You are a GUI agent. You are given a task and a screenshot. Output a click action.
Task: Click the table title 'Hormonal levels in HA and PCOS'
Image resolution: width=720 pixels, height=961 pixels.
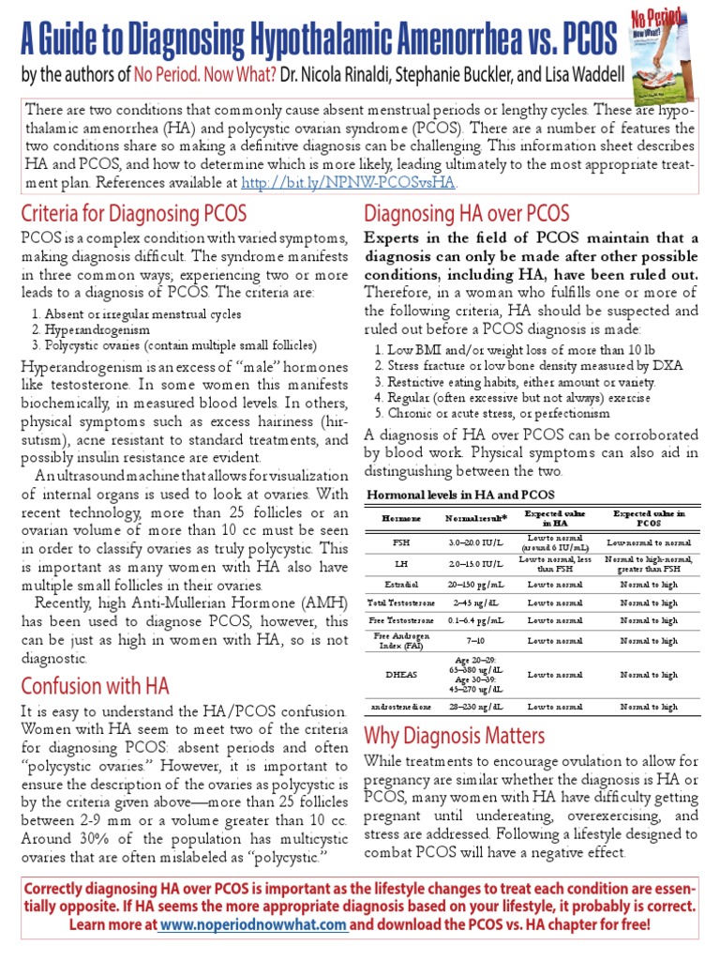pyautogui.click(x=459, y=495)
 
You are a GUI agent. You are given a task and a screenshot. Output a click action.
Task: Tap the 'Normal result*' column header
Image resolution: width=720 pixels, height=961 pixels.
pyautogui.click(x=475, y=518)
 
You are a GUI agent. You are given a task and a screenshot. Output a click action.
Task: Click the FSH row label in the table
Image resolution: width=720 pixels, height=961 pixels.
pyautogui.click(x=400, y=542)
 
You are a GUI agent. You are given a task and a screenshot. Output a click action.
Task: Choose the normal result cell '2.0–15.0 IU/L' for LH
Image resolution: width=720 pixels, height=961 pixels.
pyautogui.click(x=475, y=563)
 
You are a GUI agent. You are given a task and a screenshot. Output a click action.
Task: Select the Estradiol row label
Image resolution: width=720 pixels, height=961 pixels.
pyautogui.click(x=400, y=584)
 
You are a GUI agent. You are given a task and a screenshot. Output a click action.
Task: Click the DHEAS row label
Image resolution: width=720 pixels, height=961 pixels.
pyautogui.click(x=400, y=674)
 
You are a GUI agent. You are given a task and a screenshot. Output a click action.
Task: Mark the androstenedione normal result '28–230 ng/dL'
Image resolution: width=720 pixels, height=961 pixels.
pyautogui.click(x=475, y=706)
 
